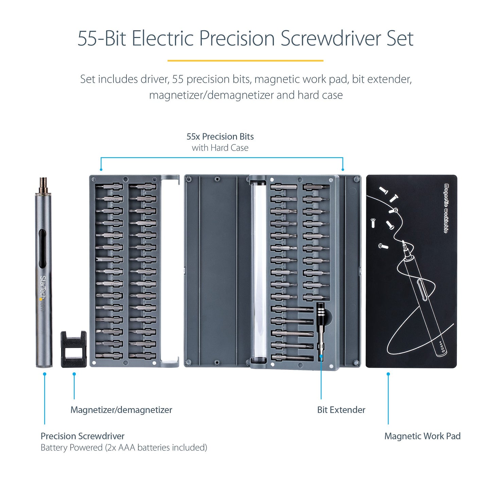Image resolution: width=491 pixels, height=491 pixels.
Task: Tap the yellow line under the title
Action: point(245,61)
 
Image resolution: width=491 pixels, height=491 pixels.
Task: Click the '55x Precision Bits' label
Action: point(220,137)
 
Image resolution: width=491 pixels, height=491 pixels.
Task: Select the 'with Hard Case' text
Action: point(220,148)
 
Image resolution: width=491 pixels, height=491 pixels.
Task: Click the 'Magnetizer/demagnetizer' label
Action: point(121,410)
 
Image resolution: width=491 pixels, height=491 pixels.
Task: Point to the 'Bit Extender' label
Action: point(341,410)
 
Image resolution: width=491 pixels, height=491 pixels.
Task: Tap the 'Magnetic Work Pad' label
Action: point(422,436)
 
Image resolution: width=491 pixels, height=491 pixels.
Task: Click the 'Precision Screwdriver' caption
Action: point(83,436)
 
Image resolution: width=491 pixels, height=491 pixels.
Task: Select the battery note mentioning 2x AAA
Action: point(124,448)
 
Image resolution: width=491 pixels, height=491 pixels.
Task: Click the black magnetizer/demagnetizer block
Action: point(73,349)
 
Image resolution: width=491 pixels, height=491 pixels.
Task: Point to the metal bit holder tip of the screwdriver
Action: point(43,185)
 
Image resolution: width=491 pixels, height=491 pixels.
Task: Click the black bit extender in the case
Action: point(320,326)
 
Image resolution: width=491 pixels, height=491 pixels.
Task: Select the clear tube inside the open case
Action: point(259,272)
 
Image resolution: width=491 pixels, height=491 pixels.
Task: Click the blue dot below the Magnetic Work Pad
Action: point(388,374)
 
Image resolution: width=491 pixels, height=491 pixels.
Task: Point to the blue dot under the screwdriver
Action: point(45,374)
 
